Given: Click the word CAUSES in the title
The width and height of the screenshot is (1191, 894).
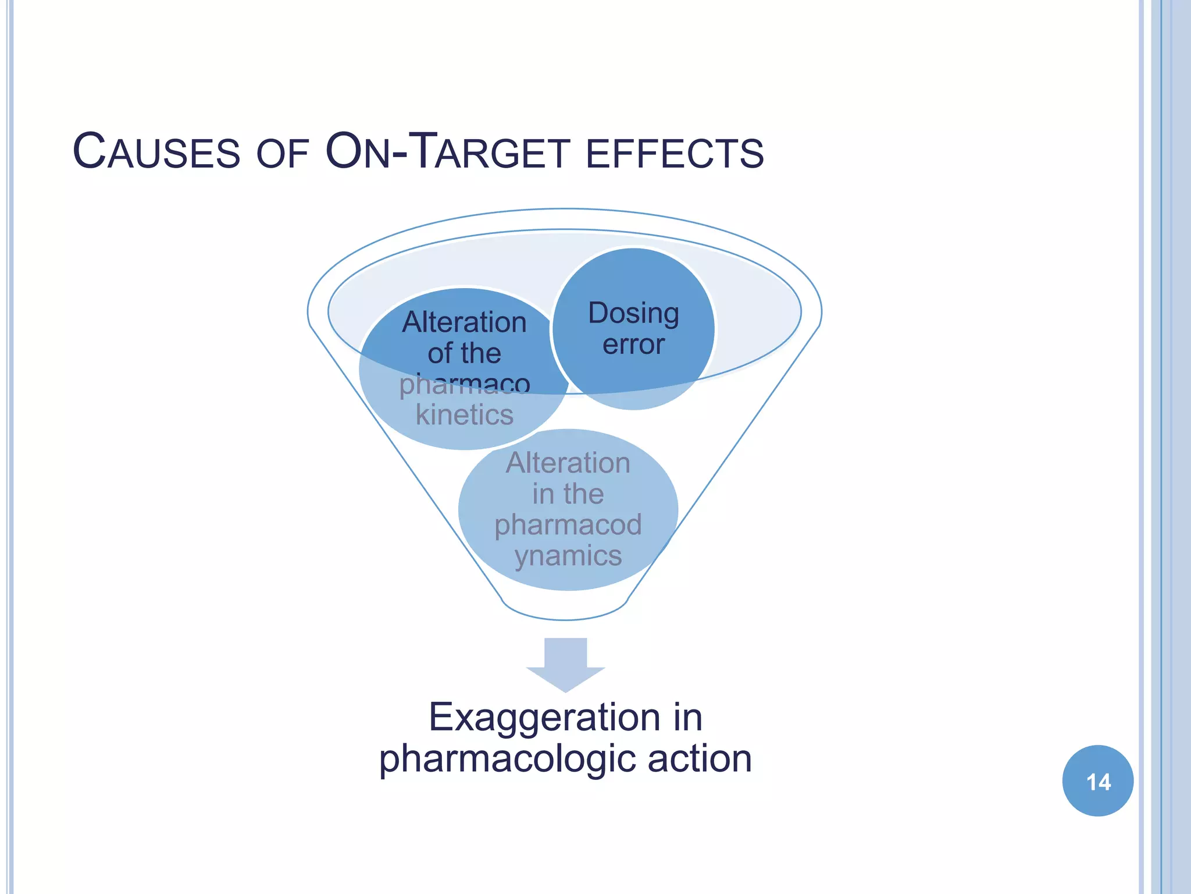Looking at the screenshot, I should [156, 152].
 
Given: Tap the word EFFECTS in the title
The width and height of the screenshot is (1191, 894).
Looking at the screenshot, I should [675, 154].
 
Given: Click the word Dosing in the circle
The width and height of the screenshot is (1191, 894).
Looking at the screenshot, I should [633, 314].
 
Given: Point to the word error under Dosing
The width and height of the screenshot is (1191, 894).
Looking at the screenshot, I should [633, 345].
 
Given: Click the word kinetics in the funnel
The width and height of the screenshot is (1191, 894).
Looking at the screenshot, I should [465, 415].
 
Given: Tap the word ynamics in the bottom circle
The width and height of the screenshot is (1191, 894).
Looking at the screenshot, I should [568, 555].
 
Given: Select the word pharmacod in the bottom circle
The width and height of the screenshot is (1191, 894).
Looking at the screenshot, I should [568, 524].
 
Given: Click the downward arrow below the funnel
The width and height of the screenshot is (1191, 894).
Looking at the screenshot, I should [565, 664].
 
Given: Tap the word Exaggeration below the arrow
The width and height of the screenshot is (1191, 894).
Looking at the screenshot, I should [544, 717].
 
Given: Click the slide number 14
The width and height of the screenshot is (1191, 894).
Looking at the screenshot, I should [1097, 781].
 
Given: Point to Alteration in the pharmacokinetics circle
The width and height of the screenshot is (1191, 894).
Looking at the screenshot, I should [465, 322].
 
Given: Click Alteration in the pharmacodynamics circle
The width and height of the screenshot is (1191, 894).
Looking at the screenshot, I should [568, 463].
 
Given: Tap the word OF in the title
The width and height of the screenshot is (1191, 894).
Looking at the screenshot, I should [282, 154].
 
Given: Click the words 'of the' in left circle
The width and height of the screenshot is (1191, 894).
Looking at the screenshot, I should [465, 353].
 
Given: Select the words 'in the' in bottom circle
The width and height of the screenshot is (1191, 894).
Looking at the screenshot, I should [568, 494].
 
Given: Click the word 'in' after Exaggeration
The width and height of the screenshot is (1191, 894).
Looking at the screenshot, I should [688, 717].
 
